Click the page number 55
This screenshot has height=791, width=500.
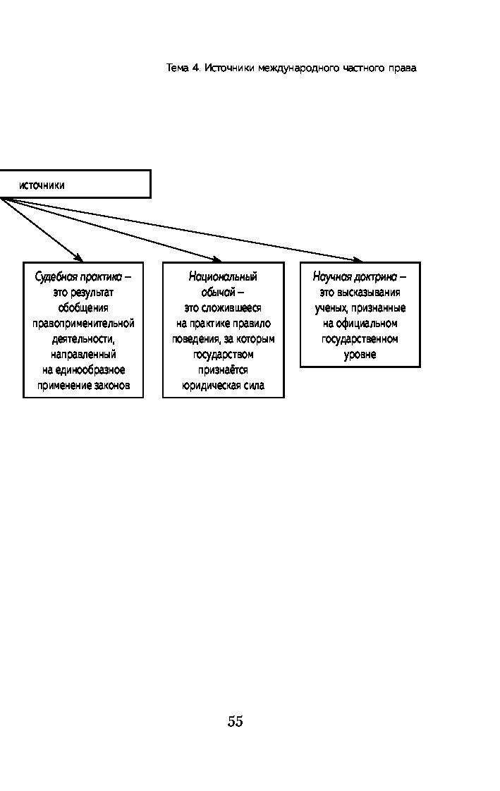point(235,721)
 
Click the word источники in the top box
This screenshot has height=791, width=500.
point(42,185)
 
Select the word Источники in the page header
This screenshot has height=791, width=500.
point(229,68)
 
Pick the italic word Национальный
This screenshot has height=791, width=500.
point(223,276)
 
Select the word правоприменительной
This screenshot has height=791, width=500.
point(83,324)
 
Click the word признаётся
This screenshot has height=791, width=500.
point(223,370)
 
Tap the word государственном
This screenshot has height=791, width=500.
point(360,339)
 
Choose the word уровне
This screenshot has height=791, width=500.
point(360,355)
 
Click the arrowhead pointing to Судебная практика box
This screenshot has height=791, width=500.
point(78,258)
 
